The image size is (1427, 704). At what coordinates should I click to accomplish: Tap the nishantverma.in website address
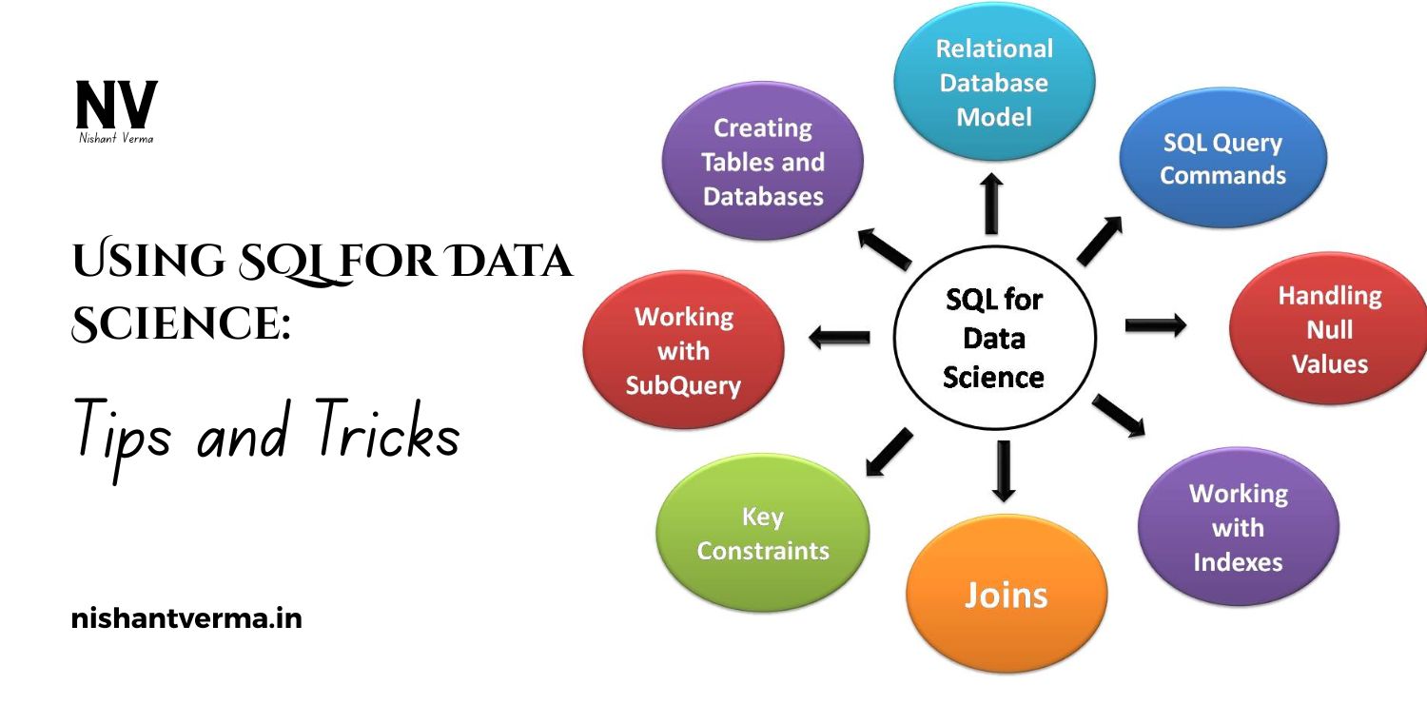186,620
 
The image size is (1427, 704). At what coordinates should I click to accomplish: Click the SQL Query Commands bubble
1222,159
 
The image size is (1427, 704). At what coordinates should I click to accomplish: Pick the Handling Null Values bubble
1329,329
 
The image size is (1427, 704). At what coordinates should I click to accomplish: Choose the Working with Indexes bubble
1238,527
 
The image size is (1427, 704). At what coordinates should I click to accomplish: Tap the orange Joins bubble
1006,595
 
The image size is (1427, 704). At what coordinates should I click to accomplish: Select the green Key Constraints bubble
763,534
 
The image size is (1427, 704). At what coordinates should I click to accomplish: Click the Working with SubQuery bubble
683,351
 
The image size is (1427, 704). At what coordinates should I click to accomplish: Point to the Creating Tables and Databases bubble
762,162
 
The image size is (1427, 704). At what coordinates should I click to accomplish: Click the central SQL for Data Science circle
994,339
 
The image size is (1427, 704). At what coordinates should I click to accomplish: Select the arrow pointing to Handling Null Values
1155,326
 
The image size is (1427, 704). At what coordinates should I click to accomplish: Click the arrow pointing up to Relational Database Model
991,202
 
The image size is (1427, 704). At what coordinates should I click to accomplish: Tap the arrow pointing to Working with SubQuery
839,335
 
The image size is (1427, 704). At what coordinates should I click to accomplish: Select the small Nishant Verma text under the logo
116,139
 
